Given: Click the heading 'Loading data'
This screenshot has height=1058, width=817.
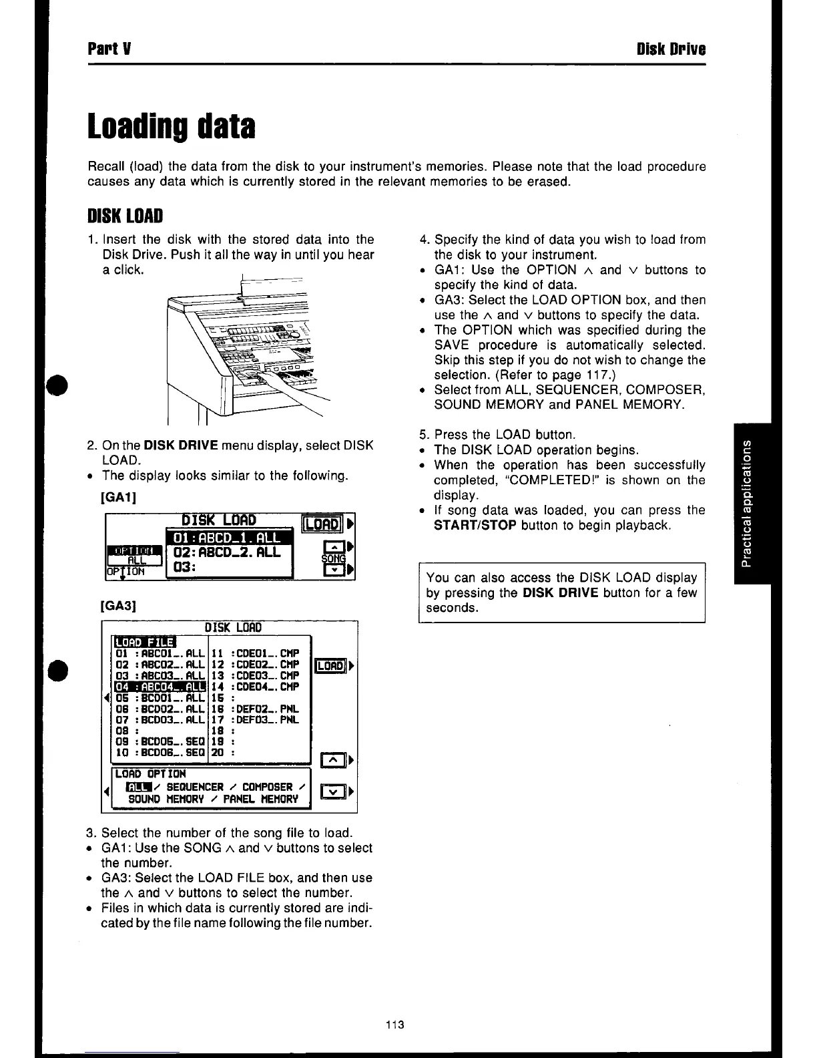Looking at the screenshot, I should (x=172, y=127).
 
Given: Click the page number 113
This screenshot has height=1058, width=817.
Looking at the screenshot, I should (x=396, y=1025).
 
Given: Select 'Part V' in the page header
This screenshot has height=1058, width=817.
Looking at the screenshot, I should (x=103, y=49).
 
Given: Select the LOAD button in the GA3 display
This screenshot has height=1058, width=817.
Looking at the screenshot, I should (x=330, y=666).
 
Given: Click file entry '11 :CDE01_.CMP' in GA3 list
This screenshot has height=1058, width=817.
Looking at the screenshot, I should (x=254, y=653).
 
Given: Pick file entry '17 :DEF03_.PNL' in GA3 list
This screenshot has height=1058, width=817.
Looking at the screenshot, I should (x=254, y=719).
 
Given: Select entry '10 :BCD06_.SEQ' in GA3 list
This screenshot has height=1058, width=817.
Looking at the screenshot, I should (x=159, y=752).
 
